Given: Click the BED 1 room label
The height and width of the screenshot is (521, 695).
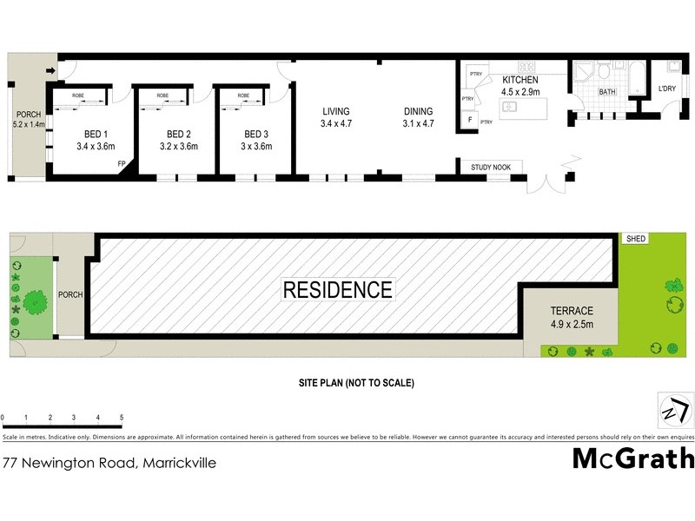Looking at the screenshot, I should (x=96, y=134).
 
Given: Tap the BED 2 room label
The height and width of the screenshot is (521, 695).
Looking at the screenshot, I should (x=178, y=134).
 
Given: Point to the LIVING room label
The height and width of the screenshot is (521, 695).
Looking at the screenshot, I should (x=335, y=111).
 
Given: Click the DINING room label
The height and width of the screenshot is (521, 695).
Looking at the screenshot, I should (x=418, y=111).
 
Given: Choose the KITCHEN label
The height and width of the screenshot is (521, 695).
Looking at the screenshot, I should (x=520, y=80).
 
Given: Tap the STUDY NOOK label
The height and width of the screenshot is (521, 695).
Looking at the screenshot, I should (x=491, y=167).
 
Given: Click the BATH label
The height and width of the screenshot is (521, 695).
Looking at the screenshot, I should (x=606, y=91).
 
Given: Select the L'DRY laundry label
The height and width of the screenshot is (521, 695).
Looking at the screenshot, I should (x=667, y=89).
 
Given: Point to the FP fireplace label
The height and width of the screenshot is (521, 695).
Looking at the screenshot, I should (x=122, y=163).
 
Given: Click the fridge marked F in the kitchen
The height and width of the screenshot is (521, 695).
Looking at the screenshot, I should (x=470, y=119).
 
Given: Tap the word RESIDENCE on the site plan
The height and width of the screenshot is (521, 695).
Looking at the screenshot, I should (x=337, y=289).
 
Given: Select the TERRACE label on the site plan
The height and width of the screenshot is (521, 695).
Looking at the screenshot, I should (x=572, y=311).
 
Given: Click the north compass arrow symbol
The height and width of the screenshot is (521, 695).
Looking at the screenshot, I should (x=675, y=409).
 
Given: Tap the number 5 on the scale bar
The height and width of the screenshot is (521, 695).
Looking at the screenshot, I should (x=122, y=418).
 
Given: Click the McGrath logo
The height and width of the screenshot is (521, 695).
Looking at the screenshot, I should (x=633, y=458).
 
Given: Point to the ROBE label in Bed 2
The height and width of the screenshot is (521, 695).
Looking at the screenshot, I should (x=162, y=96).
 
